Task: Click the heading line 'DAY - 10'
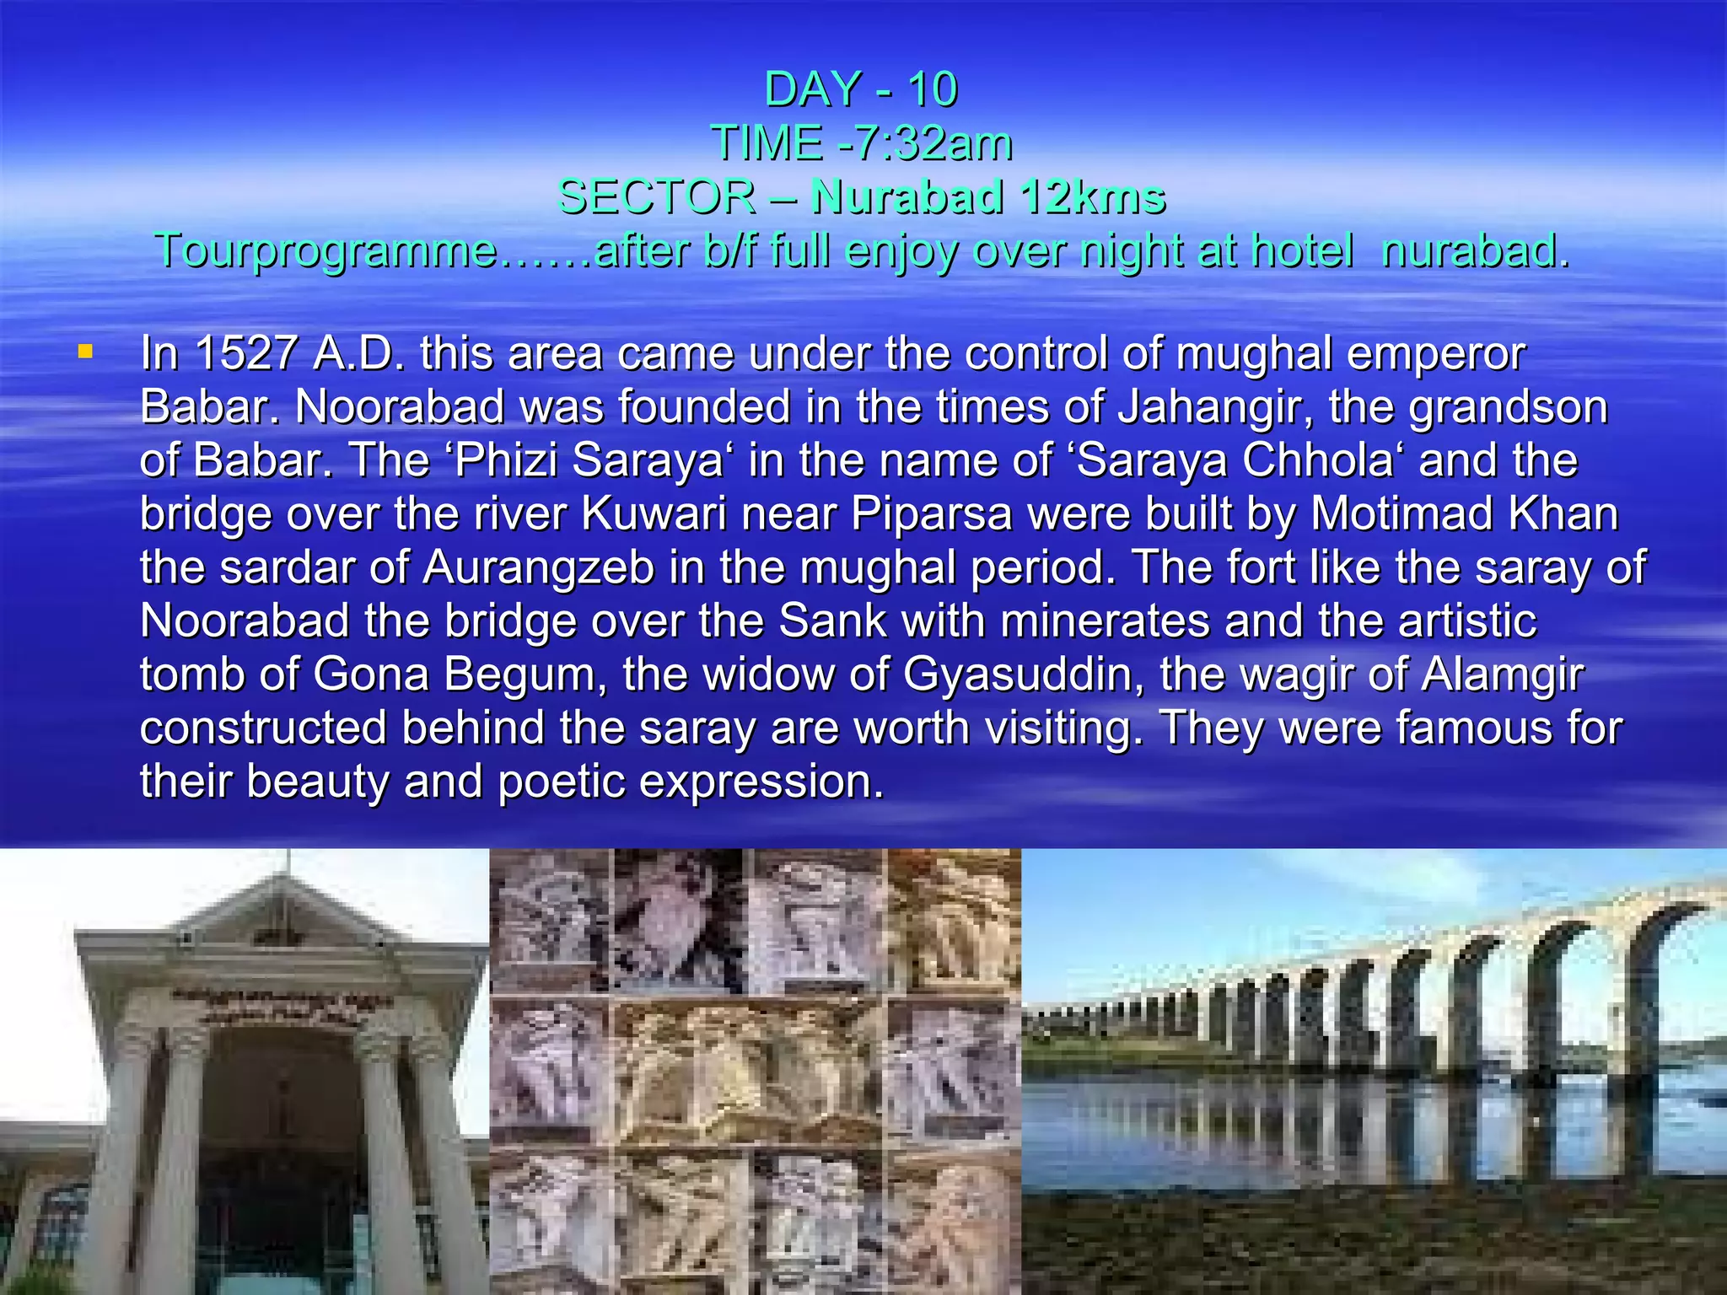(x=861, y=89)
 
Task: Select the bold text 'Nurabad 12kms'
(x=987, y=196)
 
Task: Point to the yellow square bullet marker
(x=84, y=351)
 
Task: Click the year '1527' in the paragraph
(x=245, y=353)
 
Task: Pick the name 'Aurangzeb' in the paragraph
(x=539, y=567)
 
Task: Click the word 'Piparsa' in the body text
(x=932, y=513)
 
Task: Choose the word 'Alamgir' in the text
(x=1503, y=674)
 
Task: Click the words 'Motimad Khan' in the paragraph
(x=1465, y=513)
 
